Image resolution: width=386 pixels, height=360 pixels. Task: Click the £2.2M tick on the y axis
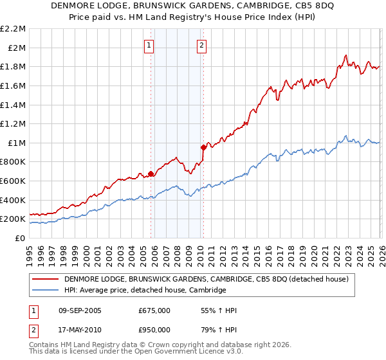(13, 28)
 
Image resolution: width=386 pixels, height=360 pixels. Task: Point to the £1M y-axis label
(16, 143)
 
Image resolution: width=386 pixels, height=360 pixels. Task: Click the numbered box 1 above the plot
(149, 45)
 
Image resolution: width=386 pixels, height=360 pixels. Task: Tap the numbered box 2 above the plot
(202, 45)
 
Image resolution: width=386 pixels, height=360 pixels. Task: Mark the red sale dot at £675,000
(151, 174)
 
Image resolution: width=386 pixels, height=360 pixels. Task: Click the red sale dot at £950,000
(204, 147)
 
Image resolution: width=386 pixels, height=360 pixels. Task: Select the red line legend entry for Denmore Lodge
(206, 279)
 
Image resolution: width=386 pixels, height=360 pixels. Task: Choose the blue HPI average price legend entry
(145, 290)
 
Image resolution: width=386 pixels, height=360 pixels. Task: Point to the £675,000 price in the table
(154, 310)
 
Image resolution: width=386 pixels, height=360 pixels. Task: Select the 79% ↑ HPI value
(219, 330)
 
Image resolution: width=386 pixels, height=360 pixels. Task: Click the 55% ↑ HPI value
(219, 310)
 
